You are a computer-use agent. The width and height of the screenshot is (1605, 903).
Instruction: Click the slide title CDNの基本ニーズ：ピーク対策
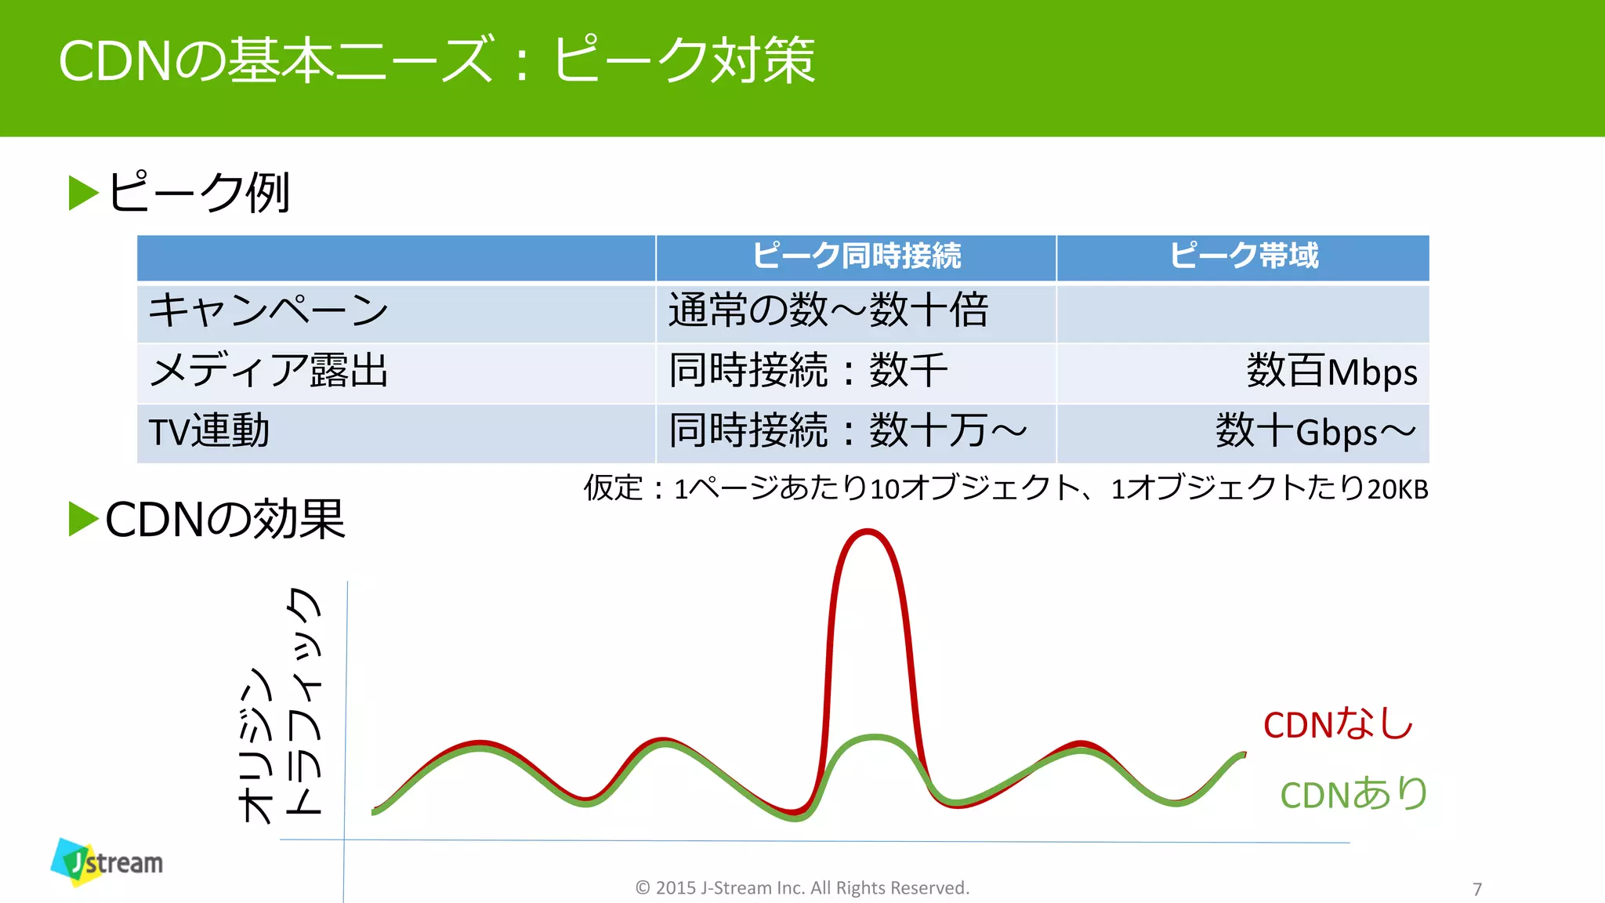point(437,60)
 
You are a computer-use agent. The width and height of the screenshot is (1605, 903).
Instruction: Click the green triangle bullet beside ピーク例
point(83,193)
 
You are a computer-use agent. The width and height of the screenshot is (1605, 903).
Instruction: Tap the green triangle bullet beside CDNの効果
point(83,519)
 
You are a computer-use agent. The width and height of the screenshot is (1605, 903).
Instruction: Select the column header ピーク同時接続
point(857,256)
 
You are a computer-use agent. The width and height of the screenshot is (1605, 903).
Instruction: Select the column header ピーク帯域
point(1244,256)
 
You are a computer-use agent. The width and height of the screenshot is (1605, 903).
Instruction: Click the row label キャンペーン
point(268,311)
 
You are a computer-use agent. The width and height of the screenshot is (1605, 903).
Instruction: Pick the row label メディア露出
point(268,371)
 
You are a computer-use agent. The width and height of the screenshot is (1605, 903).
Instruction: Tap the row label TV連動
point(209,432)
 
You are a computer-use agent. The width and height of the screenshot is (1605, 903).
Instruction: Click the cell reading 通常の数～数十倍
point(828,310)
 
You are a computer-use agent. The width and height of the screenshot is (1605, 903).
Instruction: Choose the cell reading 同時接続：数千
point(808,371)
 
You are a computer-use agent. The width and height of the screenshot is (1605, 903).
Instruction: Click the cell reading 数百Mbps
point(1331,372)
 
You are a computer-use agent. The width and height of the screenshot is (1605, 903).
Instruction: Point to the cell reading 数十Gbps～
point(1316,432)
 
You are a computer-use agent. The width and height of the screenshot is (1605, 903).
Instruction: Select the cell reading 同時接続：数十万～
point(847,432)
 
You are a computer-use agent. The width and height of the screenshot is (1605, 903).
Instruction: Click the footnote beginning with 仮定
point(1005,488)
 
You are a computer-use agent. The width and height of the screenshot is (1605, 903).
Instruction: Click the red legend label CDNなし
point(1338,724)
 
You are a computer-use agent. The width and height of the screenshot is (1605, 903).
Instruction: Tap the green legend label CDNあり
point(1353,794)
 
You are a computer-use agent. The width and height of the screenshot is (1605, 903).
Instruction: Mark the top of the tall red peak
point(868,533)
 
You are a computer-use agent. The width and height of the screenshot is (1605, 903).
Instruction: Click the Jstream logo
point(107,862)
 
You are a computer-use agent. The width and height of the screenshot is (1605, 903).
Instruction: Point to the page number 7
point(1477,889)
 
